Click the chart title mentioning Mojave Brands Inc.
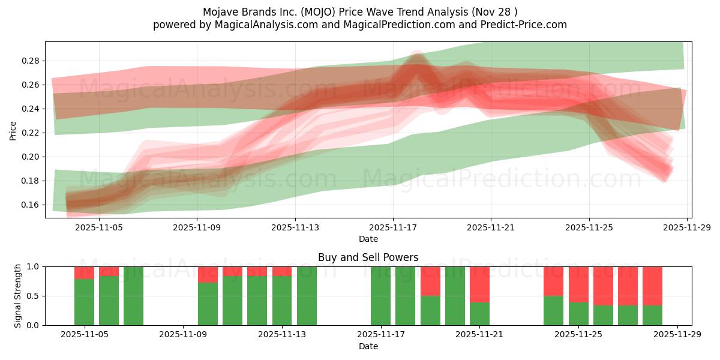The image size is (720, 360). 359,11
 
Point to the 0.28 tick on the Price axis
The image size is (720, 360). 31,61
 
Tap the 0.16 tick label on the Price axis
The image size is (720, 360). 31,205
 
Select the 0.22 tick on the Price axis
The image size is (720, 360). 31,133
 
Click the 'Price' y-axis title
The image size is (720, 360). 13,130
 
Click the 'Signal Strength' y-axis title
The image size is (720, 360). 18,296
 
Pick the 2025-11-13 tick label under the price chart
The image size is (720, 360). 295,227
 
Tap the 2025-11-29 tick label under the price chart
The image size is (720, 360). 686,227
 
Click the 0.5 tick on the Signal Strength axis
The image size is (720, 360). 34,296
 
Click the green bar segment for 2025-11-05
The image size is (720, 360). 84,302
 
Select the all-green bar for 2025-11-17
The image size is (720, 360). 380,296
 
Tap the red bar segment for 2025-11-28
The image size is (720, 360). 652,286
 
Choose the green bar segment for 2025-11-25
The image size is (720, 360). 578,314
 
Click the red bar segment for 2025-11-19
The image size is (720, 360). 430,281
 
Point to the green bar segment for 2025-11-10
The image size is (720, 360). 208,304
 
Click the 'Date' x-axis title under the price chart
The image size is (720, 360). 368,239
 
